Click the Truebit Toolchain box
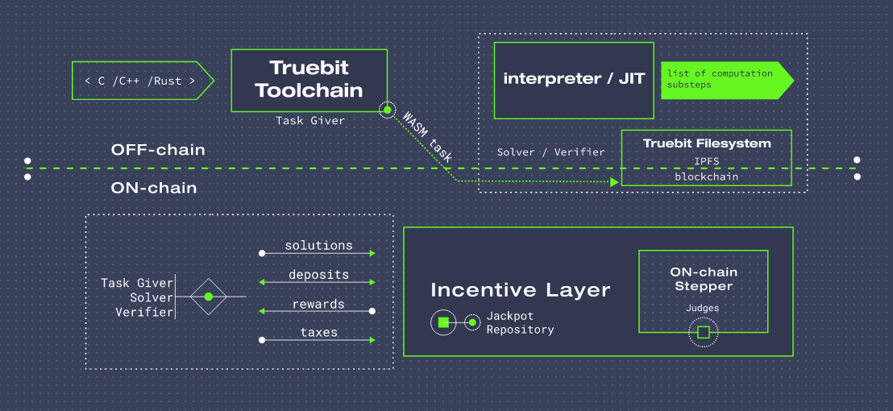click(x=309, y=81)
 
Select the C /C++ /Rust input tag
click(x=143, y=81)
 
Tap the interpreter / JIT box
click(x=574, y=81)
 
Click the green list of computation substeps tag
click(x=727, y=81)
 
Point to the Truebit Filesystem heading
click(x=707, y=143)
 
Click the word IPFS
click(x=706, y=162)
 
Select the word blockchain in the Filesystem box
click(x=706, y=176)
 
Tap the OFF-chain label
click(x=158, y=150)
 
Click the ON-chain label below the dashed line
click(x=154, y=188)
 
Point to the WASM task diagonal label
click(x=427, y=136)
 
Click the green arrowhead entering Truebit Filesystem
click(x=614, y=181)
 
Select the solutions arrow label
click(x=318, y=245)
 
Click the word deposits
click(x=318, y=274)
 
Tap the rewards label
click(x=318, y=304)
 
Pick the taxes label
click(x=318, y=332)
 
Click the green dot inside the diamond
click(x=209, y=297)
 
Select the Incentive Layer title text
click(x=521, y=290)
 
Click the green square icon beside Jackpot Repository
click(x=443, y=323)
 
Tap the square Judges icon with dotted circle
click(x=704, y=333)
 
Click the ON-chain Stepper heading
click(x=704, y=279)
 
